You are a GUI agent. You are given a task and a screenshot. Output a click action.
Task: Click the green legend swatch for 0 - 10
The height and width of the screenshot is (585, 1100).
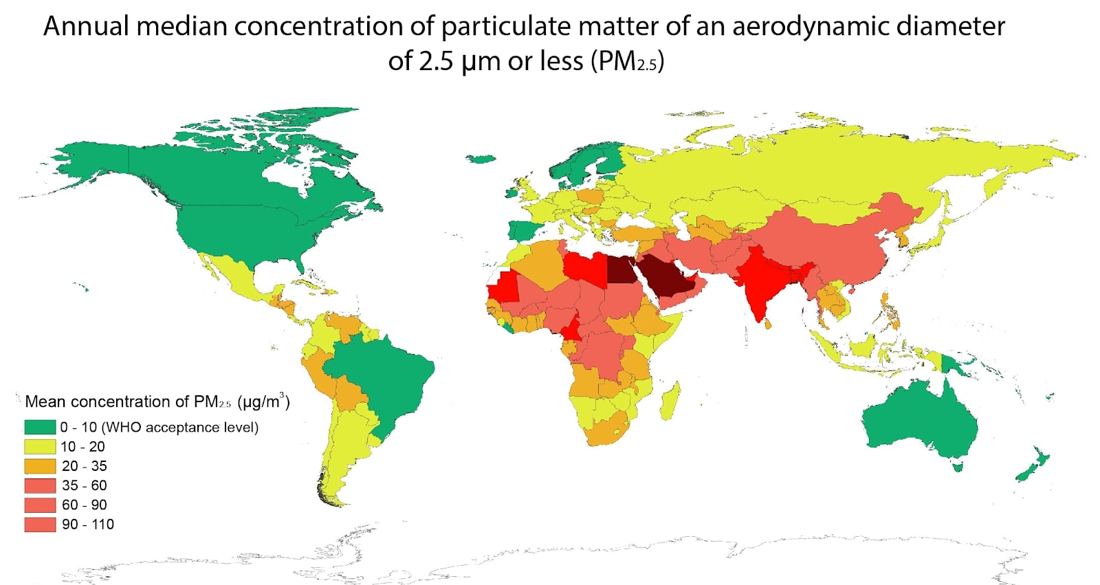[39, 427]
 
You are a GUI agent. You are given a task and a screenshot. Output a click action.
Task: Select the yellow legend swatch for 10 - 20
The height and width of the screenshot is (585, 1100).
[39, 446]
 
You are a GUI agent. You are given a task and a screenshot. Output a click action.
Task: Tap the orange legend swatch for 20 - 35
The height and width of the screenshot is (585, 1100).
[39, 466]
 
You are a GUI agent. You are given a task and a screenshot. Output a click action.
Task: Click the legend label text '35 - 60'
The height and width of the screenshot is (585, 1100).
[84, 485]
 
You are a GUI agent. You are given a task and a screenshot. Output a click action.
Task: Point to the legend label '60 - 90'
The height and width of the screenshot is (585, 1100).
[84, 505]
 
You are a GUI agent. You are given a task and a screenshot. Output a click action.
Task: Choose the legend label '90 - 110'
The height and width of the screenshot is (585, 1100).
[87, 524]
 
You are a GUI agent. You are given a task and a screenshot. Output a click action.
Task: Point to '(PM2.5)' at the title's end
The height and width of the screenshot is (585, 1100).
[626, 61]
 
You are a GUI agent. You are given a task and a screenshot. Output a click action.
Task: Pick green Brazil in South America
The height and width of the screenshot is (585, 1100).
[385, 378]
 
